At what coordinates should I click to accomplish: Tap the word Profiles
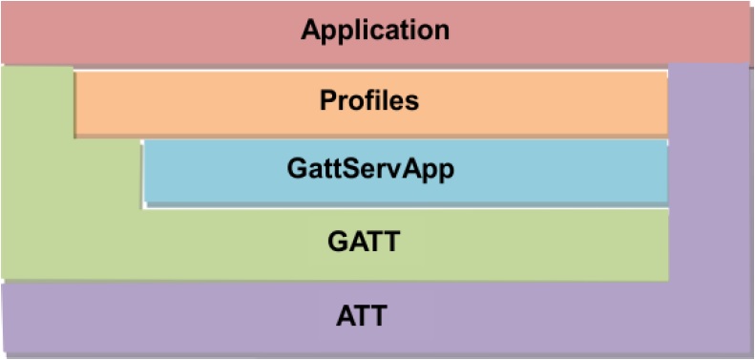coord(368,99)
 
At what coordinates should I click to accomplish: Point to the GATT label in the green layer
coord(363,242)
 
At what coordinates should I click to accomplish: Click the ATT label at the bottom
coord(362,314)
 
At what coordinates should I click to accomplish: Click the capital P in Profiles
coord(326,99)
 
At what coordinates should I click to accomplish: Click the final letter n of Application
coord(442,30)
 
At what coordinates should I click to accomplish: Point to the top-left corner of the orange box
coord(75,68)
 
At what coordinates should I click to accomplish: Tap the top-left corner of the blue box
coord(144,140)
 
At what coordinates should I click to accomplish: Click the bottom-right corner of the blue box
coord(666,202)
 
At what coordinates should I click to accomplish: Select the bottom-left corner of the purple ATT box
coord(3,355)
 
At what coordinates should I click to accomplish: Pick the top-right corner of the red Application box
coord(751,3)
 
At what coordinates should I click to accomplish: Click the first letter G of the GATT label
coord(337,242)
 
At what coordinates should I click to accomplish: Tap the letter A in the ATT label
coord(346,314)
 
